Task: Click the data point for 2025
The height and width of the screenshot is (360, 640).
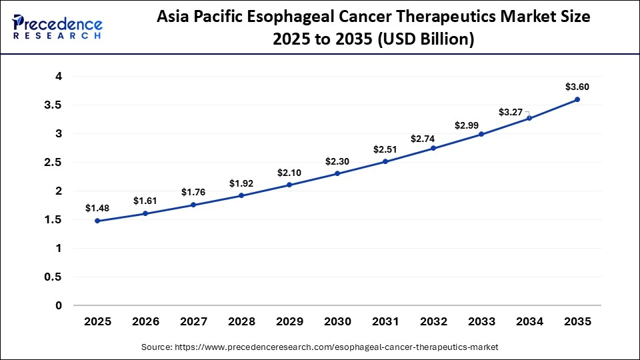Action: pos(97,221)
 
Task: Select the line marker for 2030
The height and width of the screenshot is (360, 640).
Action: pos(337,173)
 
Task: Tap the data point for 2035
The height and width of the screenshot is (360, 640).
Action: pos(577,99)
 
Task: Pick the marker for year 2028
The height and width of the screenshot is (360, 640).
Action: pos(241,195)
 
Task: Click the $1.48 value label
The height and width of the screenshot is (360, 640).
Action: pos(97,208)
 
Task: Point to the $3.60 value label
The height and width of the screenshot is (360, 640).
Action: pos(577,87)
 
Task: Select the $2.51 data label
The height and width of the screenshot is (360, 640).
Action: pos(385,149)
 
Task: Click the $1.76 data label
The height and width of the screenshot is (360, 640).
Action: pos(193,192)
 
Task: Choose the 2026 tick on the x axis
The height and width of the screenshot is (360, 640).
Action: pos(145,321)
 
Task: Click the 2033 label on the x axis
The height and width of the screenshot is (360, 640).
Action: pos(481,321)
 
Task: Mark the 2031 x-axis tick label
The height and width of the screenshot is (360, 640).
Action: pos(385,321)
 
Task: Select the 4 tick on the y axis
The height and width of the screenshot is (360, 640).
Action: pos(59,77)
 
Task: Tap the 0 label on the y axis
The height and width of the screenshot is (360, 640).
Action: pos(59,305)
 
